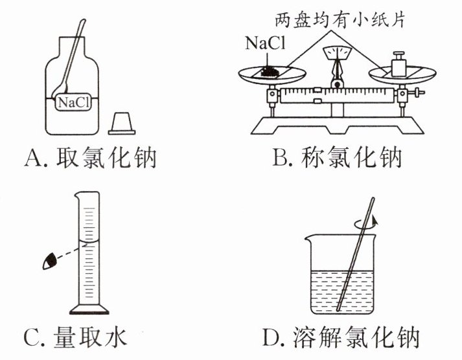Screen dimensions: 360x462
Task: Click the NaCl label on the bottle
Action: (73, 102)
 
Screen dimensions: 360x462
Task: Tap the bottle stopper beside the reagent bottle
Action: (122, 123)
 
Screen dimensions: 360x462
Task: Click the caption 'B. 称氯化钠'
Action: (337, 157)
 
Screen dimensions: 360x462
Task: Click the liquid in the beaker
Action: (324, 288)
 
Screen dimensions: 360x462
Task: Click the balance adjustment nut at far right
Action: (422, 96)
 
